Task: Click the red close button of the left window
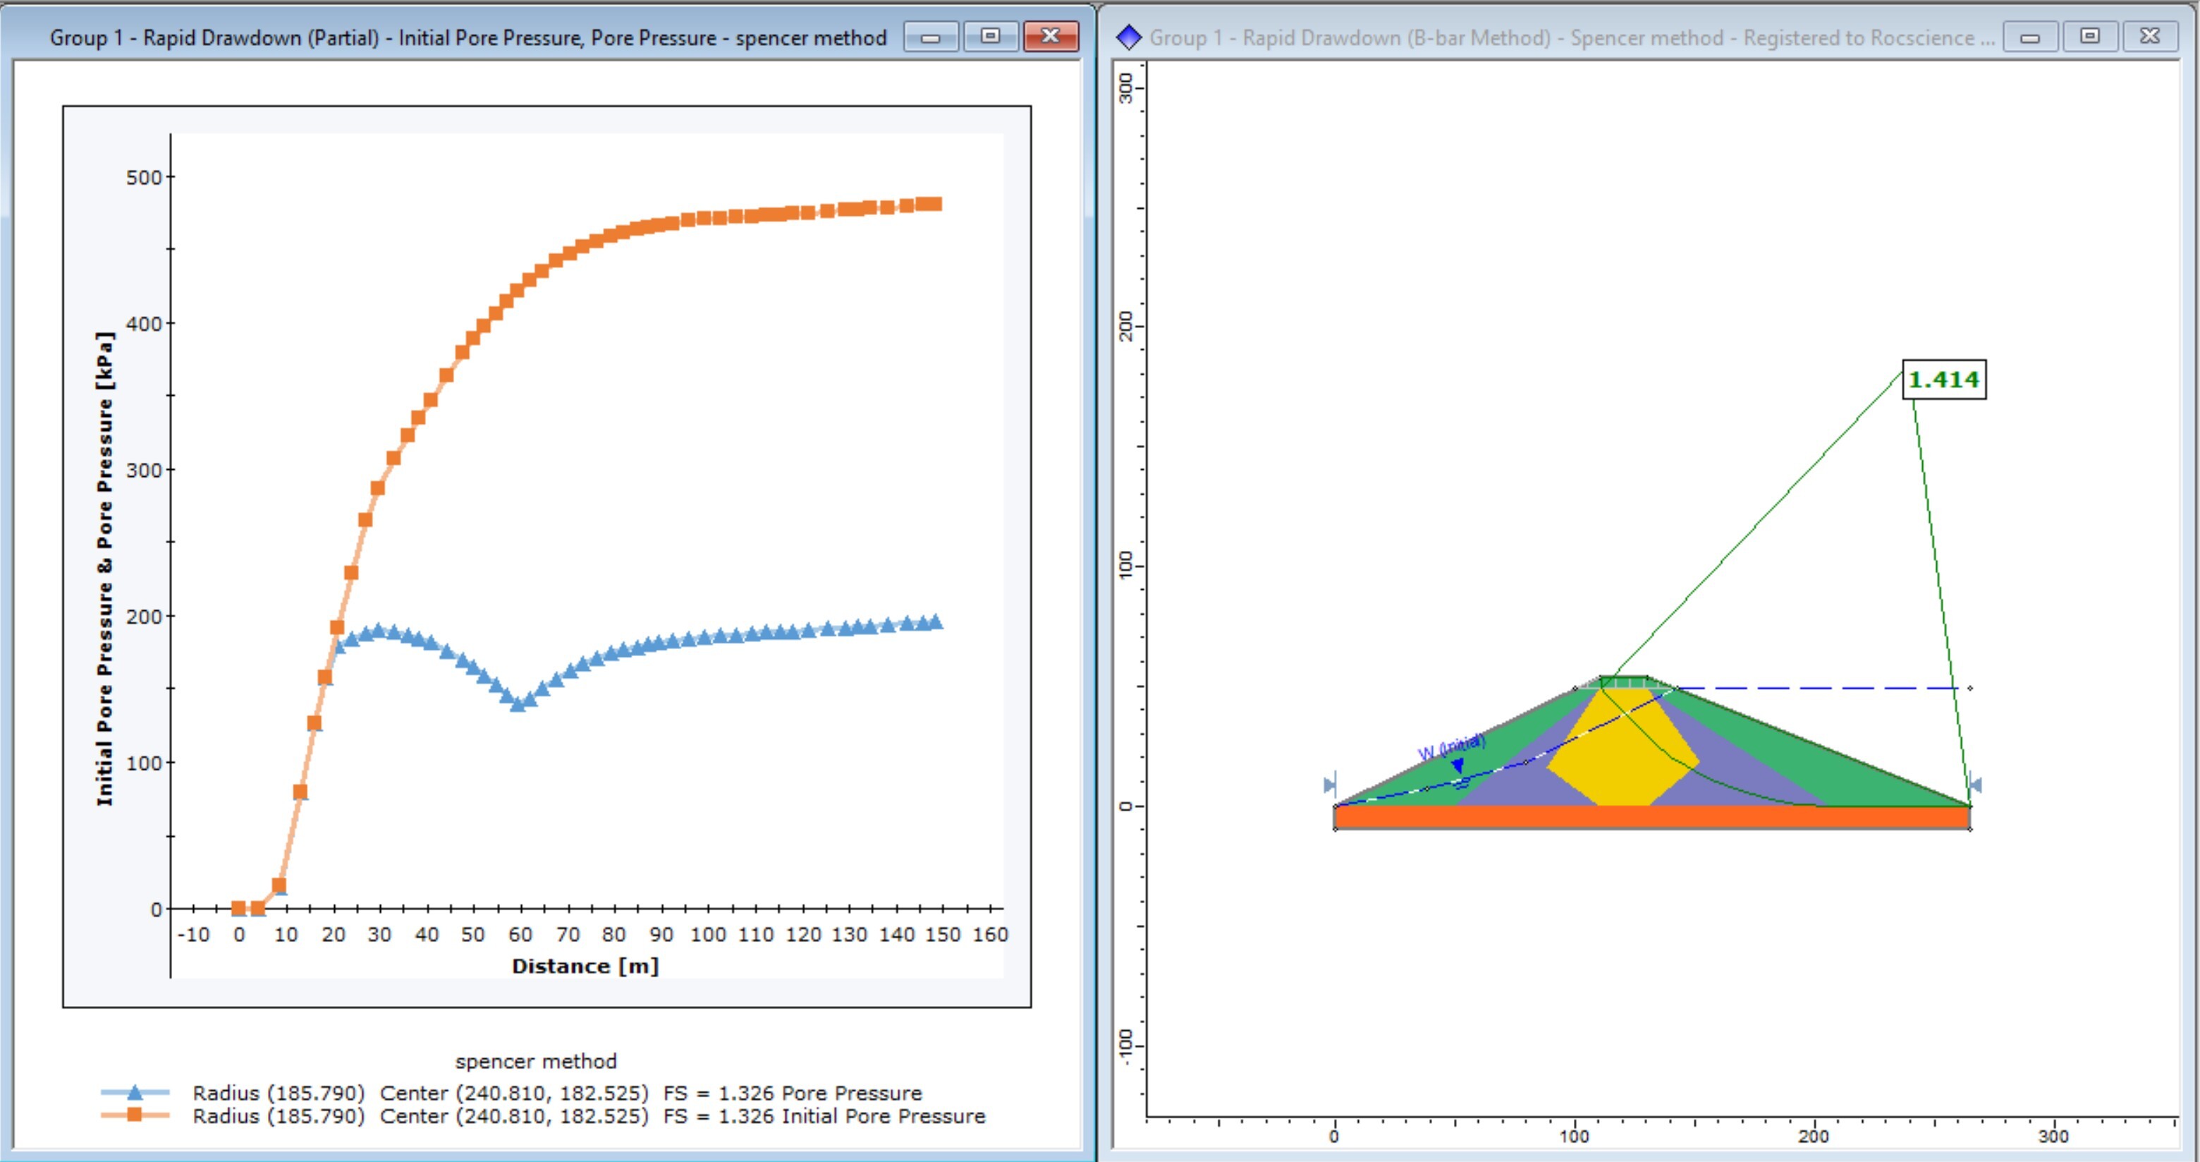(x=1051, y=37)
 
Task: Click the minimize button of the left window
(x=931, y=37)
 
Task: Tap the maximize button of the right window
(x=2090, y=37)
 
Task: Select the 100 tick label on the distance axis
(x=708, y=935)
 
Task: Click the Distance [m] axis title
(x=585, y=967)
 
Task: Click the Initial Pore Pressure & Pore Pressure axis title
(x=104, y=568)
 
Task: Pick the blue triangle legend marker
(x=135, y=1092)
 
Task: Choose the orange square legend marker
(x=135, y=1115)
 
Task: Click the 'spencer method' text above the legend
(x=535, y=1061)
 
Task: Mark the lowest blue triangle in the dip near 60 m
(x=518, y=703)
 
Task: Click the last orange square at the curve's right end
(x=934, y=204)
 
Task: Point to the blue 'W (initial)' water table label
(x=1451, y=748)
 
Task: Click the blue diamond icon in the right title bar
(x=1129, y=37)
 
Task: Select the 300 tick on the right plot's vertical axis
(x=1127, y=87)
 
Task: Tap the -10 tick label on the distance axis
(x=193, y=935)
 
